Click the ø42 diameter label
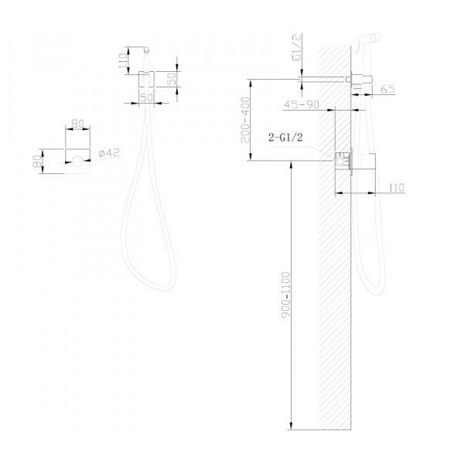(109, 154)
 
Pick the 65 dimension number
(387, 90)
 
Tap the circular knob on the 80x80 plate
(77, 161)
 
